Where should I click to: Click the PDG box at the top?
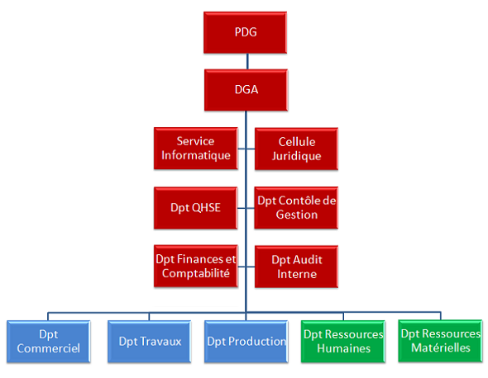[x=246, y=33]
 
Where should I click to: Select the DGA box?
[x=246, y=90]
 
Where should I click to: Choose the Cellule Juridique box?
[x=296, y=149]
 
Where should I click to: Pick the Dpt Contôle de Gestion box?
[x=296, y=208]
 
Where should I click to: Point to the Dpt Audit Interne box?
[x=296, y=267]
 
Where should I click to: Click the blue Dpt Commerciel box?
[x=47, y=341]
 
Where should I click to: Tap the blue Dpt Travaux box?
[x=150, y=341]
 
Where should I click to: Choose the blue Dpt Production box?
[x=246, y=341]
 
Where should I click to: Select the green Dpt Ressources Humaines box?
[x=342, y=341]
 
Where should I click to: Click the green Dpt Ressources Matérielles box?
[x=441, y=341]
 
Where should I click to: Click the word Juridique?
[x=296, y=156]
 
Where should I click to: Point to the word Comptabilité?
[x=196, y=273]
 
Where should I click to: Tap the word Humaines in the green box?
[x=342, y=348]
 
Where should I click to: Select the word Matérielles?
[x=441, y=348]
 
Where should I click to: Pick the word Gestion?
[x=296, y=215]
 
